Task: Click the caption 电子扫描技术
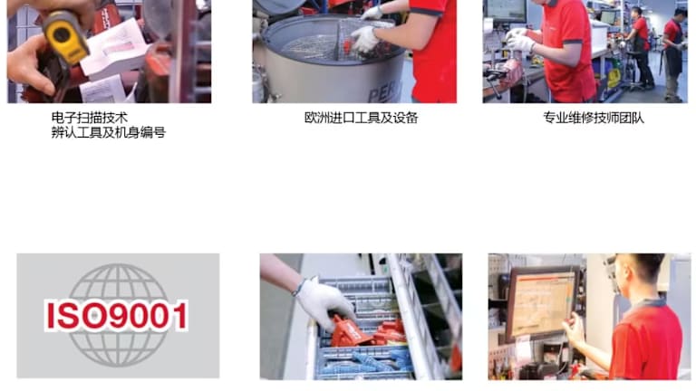point(90,118)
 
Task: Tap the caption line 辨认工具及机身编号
point(109,132)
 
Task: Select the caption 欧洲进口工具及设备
point(361,118)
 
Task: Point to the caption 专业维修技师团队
point(594,118)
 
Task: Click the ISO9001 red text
point(117,316)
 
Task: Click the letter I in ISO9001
point(51,316)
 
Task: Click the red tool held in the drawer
point(351,331)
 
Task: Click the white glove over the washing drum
point(366,39)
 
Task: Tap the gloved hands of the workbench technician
point(520,40)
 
